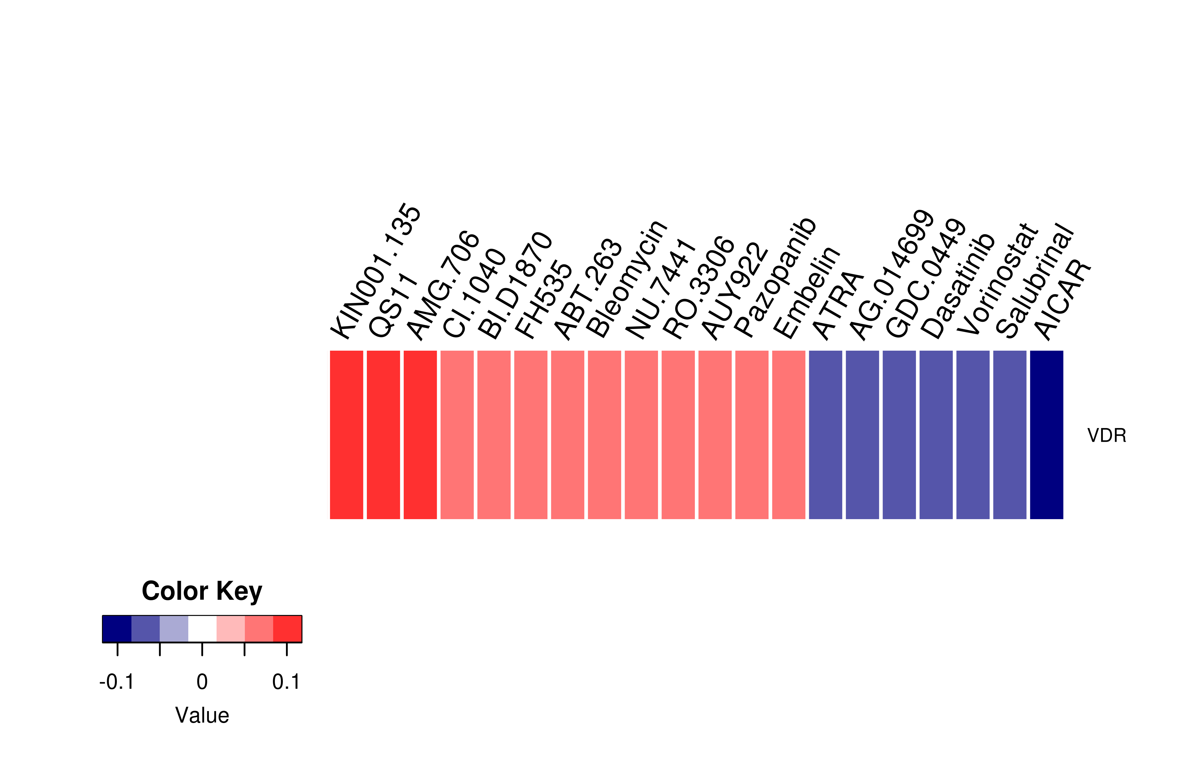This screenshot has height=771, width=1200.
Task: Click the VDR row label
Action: tap(1106, 435)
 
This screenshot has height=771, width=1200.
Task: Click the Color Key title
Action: tap(202, 591)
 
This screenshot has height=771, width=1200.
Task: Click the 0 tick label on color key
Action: tap(202, 682)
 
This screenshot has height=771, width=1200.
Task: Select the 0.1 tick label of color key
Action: tap(286, 682)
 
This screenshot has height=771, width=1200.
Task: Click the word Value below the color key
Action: tap(202, 715)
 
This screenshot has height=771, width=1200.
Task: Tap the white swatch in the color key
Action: tap(202, 629)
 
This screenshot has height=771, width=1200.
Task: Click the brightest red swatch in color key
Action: tap(287, 629)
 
